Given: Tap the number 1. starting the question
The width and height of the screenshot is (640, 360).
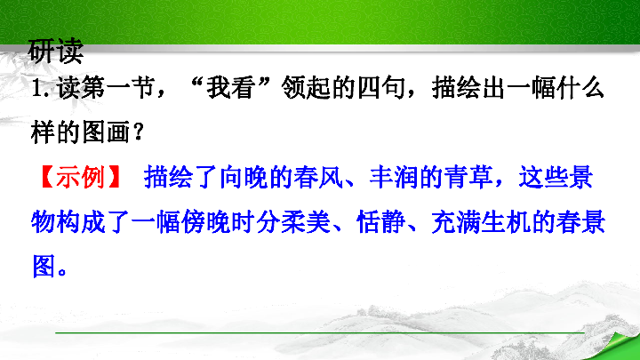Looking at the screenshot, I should (40, 91).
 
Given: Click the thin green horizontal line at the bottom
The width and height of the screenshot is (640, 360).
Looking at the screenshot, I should (320, 332).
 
